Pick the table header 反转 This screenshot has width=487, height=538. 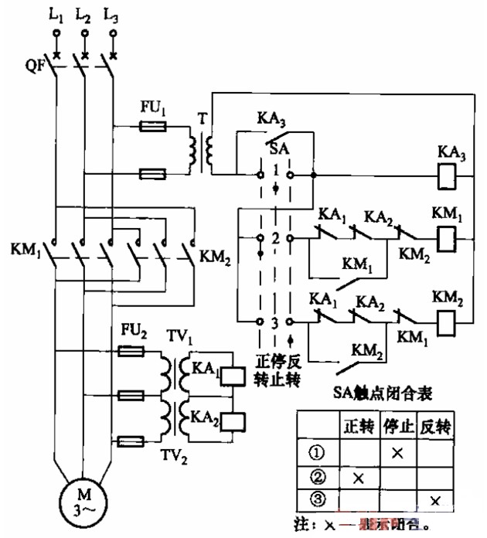[x=435, y=425]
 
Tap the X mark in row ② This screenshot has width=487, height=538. [x=358, y=476]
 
